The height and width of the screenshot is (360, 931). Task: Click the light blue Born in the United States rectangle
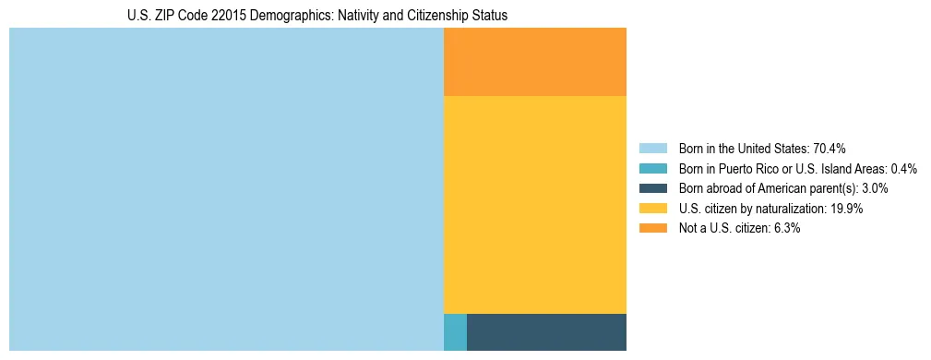click(x=226, y=189)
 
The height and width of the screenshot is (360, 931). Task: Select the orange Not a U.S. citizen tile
click(x=535, y=62)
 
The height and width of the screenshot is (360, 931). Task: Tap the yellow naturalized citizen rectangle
click(x=535, y=205)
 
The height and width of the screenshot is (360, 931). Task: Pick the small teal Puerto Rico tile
click(x=455, y=332)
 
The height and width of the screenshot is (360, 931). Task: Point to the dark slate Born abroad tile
click(x=546, y=332)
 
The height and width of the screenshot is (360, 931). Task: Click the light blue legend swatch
click(x=652, y=148)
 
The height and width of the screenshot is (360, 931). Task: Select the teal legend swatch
click(x=652, y=168)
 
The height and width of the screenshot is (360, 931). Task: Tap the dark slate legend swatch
click(x=652, y=188)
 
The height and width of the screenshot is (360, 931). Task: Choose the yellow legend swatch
click(x=652, y=209)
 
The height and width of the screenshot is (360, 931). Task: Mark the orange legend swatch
click(x=652, y=228)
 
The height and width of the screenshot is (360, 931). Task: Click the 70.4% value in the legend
click(x=829, y=148)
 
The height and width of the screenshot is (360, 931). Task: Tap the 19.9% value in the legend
click(x=846, y=209)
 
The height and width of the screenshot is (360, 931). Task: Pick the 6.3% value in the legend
click(x=787, y=228)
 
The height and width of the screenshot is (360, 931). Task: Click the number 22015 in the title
click(x=217, y=16)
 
